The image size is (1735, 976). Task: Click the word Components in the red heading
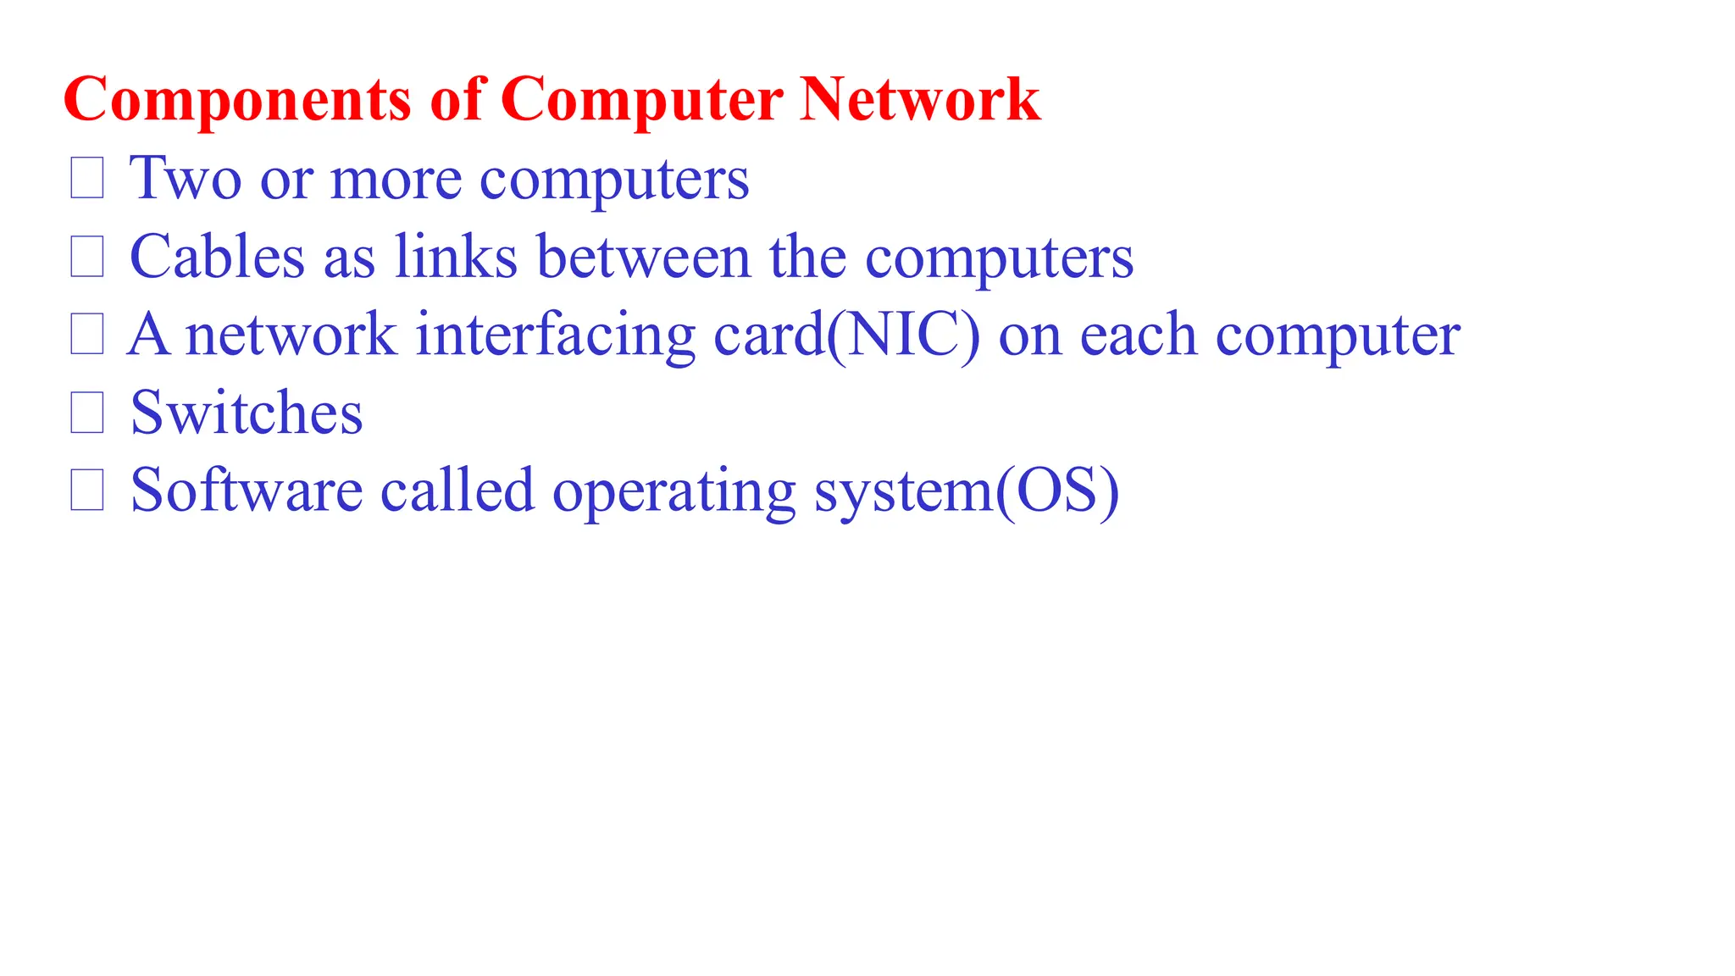pyautogui.click(x=237, y=100)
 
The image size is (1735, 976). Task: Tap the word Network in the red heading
pyautogui.click(x=920, y=100)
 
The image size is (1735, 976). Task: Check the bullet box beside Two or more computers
pyautogui.click(x=87, y=178)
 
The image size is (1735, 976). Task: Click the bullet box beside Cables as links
pyautogui.click(x=87, y=256)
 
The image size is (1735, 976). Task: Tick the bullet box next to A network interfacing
pyautogui.click(x=87, y=334)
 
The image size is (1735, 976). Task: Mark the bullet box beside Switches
pyautogui.click(x=87, y=413)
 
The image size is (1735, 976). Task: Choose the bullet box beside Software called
pyautogui.click(x=87, y=491)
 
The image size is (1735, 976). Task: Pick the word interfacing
pyautogui.click(x=555, y=335)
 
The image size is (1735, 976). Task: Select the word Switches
pyautogui.click(x=247, y=413)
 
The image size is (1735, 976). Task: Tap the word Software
pyautogui.click(x=247, y=491)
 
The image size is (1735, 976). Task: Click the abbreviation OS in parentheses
pyautogui.click(x=1056, y=491)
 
